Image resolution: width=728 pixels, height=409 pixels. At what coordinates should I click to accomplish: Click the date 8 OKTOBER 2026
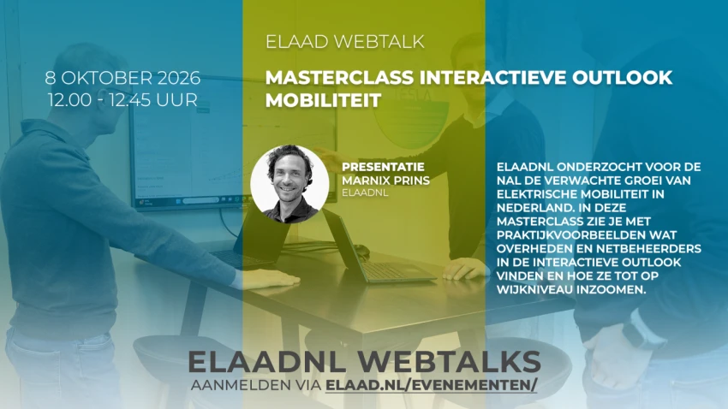122,78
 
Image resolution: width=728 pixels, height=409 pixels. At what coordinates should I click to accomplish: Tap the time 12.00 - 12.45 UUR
122,100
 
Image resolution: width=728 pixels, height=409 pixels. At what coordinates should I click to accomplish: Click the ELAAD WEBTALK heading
345,42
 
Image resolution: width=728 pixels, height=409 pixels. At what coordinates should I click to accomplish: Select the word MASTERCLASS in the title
339,78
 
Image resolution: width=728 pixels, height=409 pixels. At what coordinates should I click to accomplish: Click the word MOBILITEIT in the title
323,100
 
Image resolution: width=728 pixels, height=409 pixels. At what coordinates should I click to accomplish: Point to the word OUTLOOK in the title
622,78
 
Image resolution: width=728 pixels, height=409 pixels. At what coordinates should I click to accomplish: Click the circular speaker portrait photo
289,184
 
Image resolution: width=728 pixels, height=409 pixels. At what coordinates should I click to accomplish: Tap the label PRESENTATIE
383,167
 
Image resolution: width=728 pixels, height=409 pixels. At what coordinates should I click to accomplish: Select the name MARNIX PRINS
385,181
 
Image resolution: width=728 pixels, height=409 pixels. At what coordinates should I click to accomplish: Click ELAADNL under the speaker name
365,193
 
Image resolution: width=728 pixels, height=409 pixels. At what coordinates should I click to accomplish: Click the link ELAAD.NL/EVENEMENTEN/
432,385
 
